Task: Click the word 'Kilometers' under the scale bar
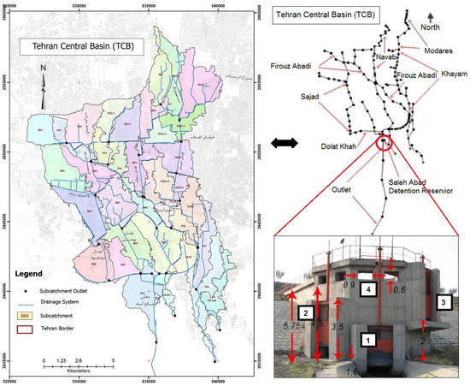78,369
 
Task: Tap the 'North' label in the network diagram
436,27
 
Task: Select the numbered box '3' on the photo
443,302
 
